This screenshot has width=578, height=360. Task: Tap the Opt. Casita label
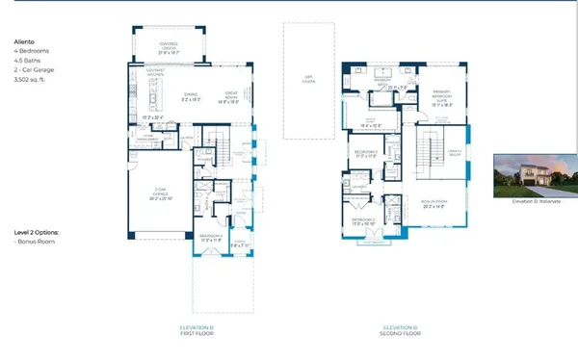(x=308, y=80)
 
